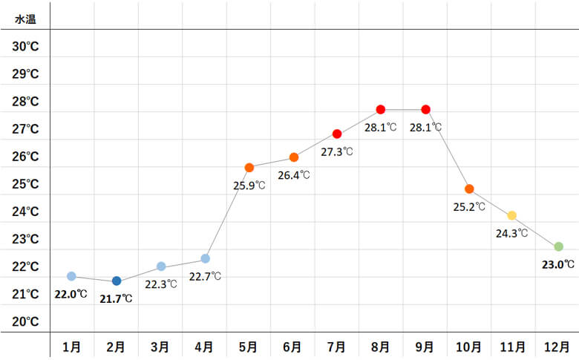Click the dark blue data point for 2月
tap(117, 281)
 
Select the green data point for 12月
tap(558, 246)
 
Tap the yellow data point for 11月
tap(511, 215)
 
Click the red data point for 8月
tap(381, 109)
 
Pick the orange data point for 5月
tap(249, 168)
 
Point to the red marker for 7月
tap(337, 134)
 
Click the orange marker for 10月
tap(469, 189)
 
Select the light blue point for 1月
tap(71, 276)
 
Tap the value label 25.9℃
tap(249, 186)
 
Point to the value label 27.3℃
tap(337, 151)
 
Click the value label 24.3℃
tap(511, 233)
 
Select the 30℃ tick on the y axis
tap(26, 46)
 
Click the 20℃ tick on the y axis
tap(26, 321)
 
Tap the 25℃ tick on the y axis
tap(26, 184)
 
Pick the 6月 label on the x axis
tap(292, 346)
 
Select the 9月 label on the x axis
tap(425, 346)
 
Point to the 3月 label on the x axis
tap(160, 346)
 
